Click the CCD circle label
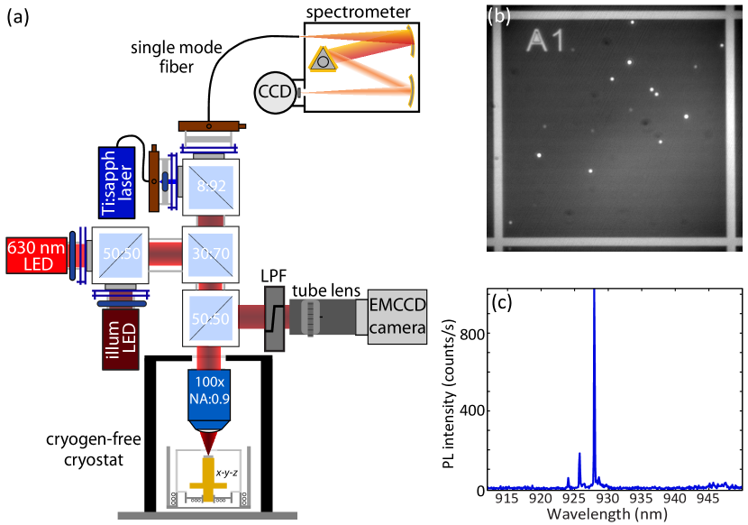pyautogui.click(x=274, y=92)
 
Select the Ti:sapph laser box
pyautogui.click(x=117, y=182)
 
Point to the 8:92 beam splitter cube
pyautogui.click(x=211, y=188)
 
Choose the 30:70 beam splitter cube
pyautogui.click(x=211, y=255)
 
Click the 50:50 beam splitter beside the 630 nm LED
pyautogui.click(x=120, y=255)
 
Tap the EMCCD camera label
pyautogui.click(x=397, y=317)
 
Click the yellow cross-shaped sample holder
pyautogui.click(x=208, y=479)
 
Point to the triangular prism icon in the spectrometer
pyautogui.click(x=321, y=60)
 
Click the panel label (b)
pyautogui.click(x=498, y=15)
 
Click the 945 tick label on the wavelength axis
pyautogui.click(x=707, y=498)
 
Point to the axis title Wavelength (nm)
pyautogui.click(x=607, y=514)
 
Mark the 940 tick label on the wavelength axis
pyautogui.click(x=674, y=498)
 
